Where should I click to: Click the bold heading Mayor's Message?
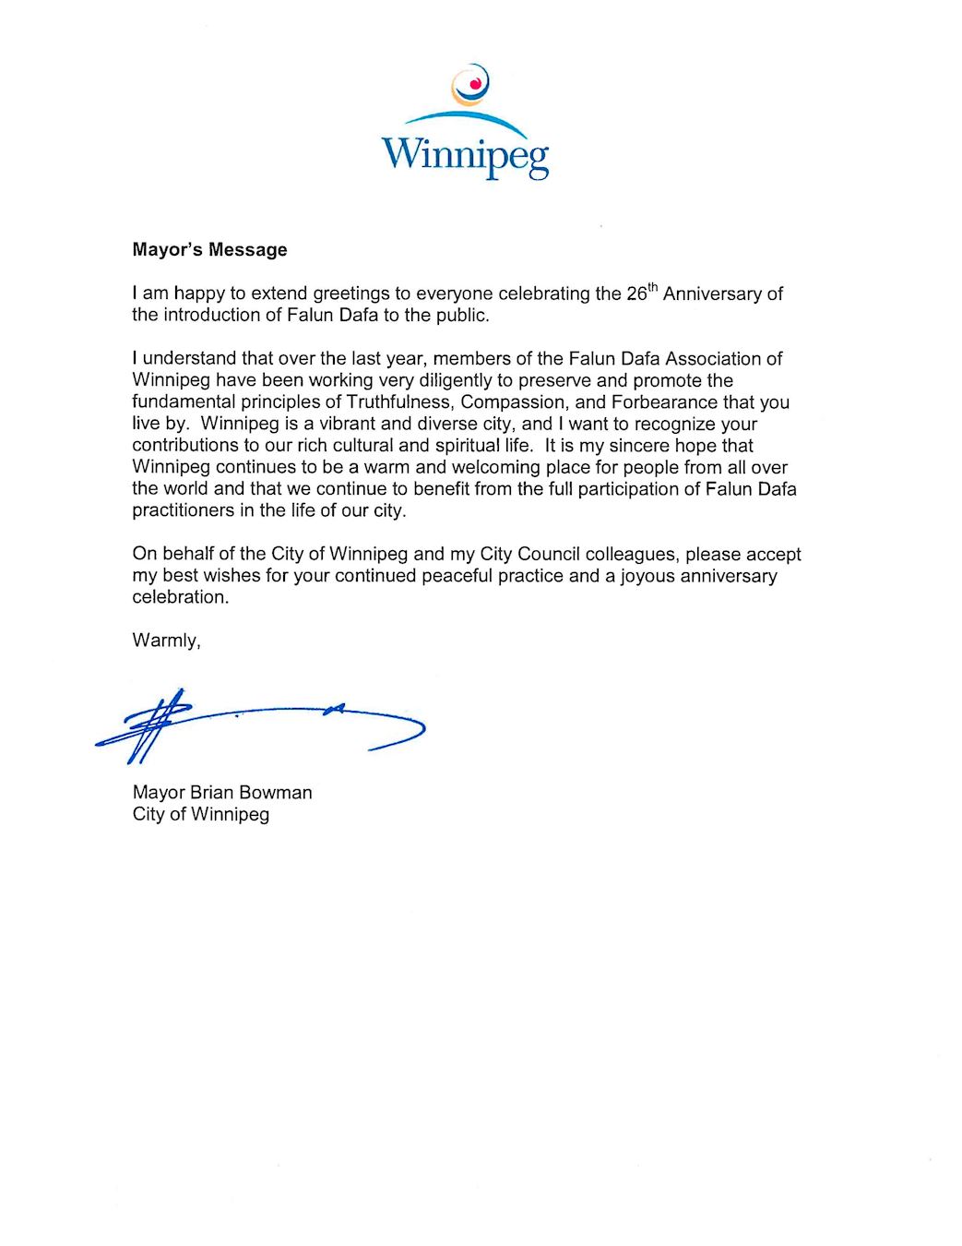click(209, 249)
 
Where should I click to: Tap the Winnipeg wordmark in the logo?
click(466, 154)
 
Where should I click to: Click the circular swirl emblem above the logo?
click(470, 85)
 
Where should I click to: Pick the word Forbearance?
click(664, 402)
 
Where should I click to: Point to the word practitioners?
click(183, 510)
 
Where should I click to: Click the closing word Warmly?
click(166, 641)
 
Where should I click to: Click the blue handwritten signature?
click(258, 725)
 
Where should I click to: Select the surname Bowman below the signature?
click(276, 792)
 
